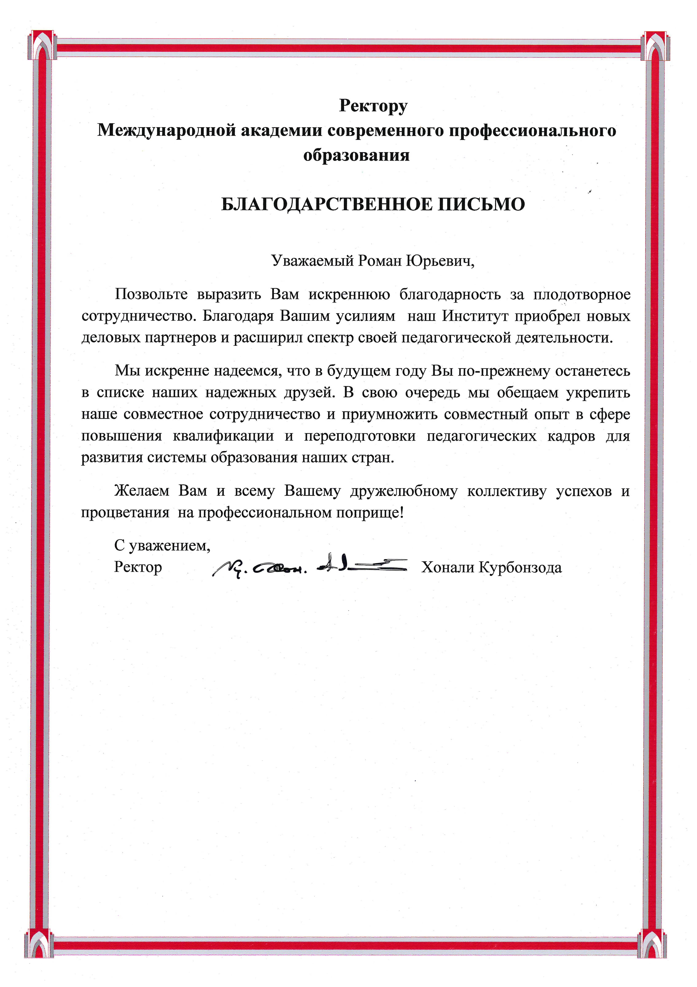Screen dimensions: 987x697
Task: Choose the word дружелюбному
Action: pyautogui.click(x=404, y=491)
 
